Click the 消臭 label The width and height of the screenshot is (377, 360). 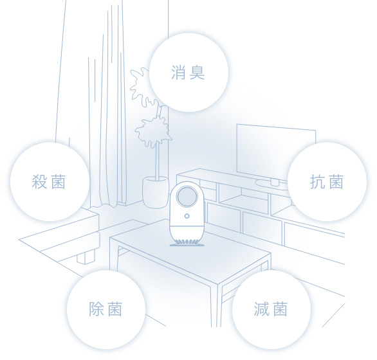(188, 73)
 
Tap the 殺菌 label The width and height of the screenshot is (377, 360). (48, 182)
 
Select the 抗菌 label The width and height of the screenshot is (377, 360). (327, 182)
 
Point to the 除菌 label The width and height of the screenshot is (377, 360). (106, 309)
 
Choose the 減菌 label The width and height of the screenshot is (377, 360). (270, 309)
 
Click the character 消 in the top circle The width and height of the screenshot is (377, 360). (178, 73)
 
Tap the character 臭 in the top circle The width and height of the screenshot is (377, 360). (197, 73)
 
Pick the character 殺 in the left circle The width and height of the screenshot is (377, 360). (39, 182)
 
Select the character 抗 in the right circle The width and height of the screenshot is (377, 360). (317, 182)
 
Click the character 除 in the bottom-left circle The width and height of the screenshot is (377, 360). (96, 309)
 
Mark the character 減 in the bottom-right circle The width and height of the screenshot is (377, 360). (261, 309)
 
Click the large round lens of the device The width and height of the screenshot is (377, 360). (187, 197)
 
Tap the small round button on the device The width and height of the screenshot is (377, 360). (187, 216)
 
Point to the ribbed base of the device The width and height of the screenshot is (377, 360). (187, 242)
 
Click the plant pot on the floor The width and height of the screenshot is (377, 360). (155, 192)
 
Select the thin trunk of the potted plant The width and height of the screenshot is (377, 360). (158, 161)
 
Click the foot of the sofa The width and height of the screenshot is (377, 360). (86, 257)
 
